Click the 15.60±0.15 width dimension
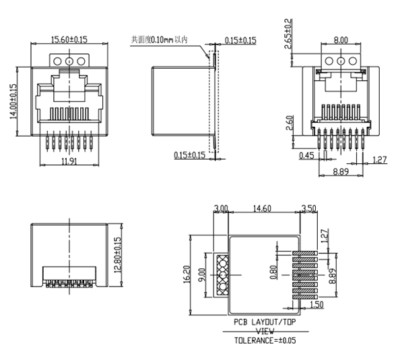click(x=67, y=40)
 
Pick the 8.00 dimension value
click(x=341, y=40)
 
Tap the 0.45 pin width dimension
click(x=306, y=156)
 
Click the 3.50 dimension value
click(x=309, y=208)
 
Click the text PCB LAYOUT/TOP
click(x=264, y=322)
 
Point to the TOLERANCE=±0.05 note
click(x=265, y=340)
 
